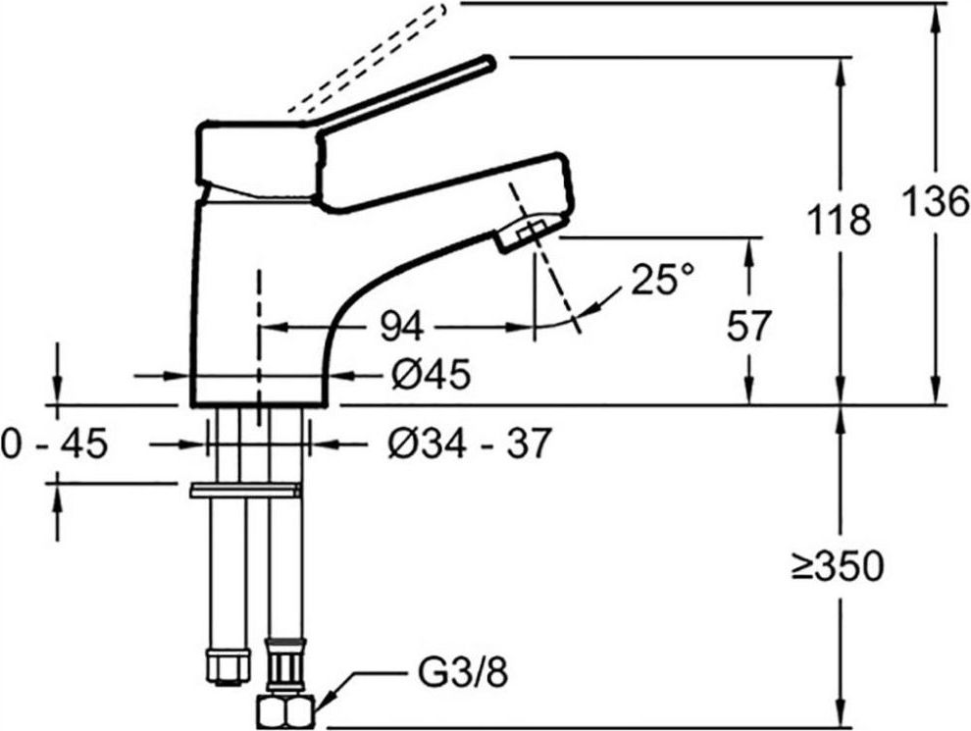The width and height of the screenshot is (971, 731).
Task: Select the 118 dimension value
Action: pos(840,220)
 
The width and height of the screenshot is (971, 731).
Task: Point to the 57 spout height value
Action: pos(748,326)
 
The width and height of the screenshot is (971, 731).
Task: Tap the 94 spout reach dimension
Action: pos(402,326)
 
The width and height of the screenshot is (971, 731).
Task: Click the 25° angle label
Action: pos(663,280)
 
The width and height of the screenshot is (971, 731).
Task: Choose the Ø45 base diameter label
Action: pos(432,374)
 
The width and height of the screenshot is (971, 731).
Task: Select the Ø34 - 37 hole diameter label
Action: pos(469,444)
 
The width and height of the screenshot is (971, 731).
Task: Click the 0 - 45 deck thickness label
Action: pos(55,444)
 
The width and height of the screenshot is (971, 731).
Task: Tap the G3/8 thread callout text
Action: pos(463,673)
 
